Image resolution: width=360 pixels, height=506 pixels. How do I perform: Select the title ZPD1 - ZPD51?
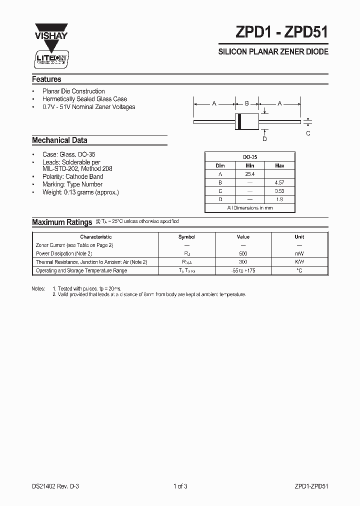pyautogui.click(x=282, y=32)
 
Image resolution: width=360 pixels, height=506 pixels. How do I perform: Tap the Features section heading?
pyautogui.click(x=46, y=79)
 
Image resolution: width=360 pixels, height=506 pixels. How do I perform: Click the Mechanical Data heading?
pyautogui.click(x=59, y=140)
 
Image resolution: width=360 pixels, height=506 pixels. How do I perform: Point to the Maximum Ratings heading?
pyautogui.click(x=62, y=222)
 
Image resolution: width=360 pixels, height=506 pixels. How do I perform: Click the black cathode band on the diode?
pyautogui.click(x=239, y=120)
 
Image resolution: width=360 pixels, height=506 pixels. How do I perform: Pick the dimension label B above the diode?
pyautogui.click(x=246, y=103)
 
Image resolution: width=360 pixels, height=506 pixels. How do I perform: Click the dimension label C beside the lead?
pyautogui.click(x=308, y=133)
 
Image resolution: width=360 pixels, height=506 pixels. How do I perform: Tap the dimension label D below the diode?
pyautogui.click(x=264, y=138)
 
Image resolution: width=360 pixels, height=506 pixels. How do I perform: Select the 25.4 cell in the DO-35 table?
pyautogui.click(x=249, y=174)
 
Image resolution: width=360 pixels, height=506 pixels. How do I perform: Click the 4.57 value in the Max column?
pyautogui.click(x=279, y=182)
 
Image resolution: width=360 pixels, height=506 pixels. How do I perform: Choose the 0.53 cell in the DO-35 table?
pyautogui.click(x=279, y=191)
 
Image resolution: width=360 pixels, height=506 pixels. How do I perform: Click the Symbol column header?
pyautogui.click(x=187, y=237)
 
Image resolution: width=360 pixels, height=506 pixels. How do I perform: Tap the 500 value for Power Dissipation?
pyautogui.click(x=243, y=253)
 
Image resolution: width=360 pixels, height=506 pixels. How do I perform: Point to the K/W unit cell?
pyautogui.click(x=299, y=262)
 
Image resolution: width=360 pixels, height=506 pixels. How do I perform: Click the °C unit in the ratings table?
pyautogui.click(x=299, y=270)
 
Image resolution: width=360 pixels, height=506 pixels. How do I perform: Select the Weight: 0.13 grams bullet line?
pyautogui.click(x=81, y=192)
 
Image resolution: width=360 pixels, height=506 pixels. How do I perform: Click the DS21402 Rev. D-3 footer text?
pyautogui.click(x=56, y=485)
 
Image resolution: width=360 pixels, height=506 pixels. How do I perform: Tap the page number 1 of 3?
pyautogui.click(x=180, y=485)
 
